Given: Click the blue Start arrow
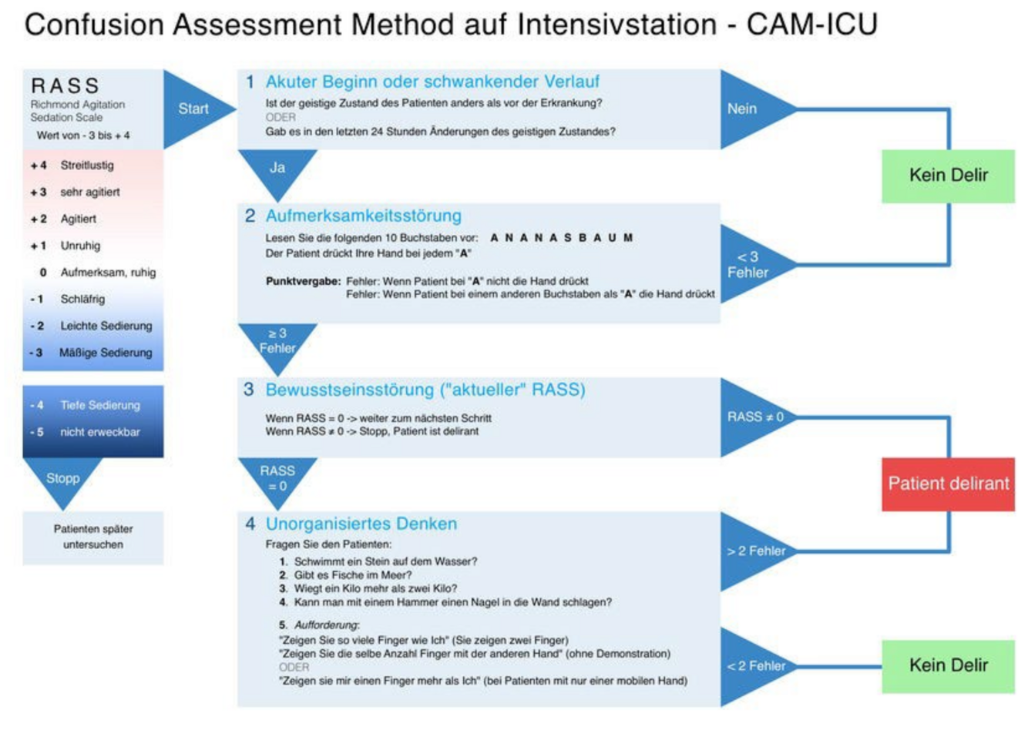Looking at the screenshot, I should click(194, 109).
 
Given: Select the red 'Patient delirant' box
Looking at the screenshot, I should click(948, 484).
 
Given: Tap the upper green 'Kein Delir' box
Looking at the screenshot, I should click(948, 176).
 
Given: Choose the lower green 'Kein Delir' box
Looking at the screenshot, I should click(948, 665).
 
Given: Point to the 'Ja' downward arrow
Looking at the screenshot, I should click(277, 169).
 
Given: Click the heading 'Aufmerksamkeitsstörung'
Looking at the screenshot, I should click(363, 216).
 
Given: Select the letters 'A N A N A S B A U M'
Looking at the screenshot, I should click(562, 238).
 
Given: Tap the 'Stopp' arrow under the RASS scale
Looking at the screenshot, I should click(62, 479).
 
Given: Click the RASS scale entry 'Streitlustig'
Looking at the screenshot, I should click(87, 165).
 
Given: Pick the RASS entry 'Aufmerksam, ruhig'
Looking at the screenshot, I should click(108, 272).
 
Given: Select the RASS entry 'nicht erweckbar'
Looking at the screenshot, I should click(100, 432).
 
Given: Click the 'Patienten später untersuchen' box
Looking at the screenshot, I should click(93, 537).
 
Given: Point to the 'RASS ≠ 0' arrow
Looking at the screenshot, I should click(754, 417).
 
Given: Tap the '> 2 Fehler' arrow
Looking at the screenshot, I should click(754, 551).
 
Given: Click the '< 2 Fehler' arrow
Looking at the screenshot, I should click(754, 666).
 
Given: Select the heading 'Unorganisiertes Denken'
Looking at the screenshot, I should click(361, 524).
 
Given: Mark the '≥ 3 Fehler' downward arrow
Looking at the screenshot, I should click(277, 340).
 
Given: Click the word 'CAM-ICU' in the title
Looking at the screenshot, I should click(811, 25).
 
